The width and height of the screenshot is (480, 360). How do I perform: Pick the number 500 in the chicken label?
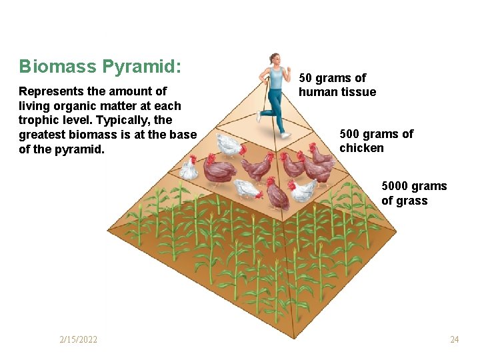pos(351,134)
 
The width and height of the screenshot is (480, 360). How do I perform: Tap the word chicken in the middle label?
pos(361,148)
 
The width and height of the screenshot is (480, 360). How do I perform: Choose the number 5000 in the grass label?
pos(397,186)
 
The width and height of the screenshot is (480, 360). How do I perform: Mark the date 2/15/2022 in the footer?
pos(78,340)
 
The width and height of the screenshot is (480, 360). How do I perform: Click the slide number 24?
pos(454,340)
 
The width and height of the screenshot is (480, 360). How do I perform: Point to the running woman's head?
pos(275,59)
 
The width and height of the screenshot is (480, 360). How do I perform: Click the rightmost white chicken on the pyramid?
pos(303,190)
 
